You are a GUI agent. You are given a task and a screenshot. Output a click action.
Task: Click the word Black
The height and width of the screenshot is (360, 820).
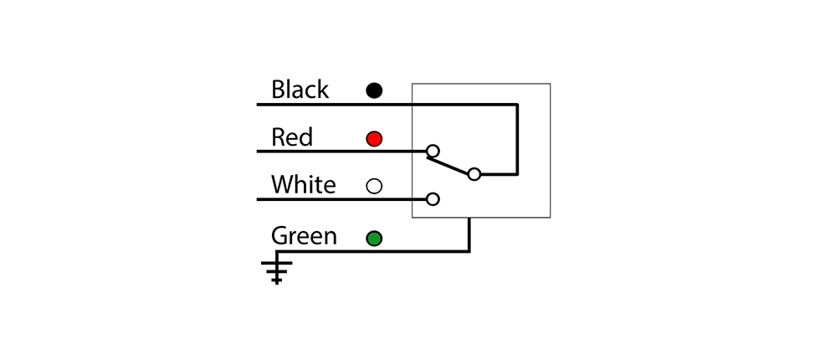click(300, 90)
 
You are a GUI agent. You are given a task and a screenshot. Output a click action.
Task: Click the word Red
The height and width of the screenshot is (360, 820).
click(292, 137)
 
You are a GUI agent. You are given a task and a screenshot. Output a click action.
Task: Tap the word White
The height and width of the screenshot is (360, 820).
click(303, 185)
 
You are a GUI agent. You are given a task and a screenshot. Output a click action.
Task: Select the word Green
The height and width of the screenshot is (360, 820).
click(304, 236)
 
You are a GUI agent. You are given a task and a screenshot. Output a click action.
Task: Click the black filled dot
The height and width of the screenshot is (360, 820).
click(374, 90)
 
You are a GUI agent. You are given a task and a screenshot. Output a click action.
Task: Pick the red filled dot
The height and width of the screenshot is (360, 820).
click(374, 139)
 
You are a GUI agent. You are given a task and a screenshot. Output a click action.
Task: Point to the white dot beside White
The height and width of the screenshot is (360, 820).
click(374, 186)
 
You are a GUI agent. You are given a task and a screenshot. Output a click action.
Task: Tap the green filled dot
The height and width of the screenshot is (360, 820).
click(374, 239)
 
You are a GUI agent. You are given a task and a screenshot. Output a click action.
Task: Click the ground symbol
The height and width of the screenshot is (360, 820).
click(277, 270)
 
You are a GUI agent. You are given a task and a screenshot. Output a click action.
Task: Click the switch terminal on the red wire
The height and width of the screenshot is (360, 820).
click(433, 152)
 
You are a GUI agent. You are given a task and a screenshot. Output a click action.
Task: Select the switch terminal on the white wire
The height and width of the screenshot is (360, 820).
click(433, 199)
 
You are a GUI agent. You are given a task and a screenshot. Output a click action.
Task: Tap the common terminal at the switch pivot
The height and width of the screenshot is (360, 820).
click(474, 174)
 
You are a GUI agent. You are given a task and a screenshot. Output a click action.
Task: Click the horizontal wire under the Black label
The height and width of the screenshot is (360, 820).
click(387, 105)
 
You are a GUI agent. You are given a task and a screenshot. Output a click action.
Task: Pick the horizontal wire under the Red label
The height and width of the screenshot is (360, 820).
click(341, 152)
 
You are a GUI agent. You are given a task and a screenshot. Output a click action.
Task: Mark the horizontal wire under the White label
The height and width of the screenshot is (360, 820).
click(341, 199)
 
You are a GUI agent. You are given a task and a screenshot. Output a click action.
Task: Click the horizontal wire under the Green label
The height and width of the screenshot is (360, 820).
click(372, 252)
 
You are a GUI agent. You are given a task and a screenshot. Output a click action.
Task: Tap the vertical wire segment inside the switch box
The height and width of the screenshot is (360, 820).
click(517, 140)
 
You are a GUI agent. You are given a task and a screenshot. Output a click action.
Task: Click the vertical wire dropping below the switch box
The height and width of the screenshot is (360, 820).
click(469, 234)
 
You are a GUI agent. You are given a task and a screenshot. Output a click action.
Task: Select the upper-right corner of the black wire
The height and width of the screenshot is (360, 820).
click(517, 105)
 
